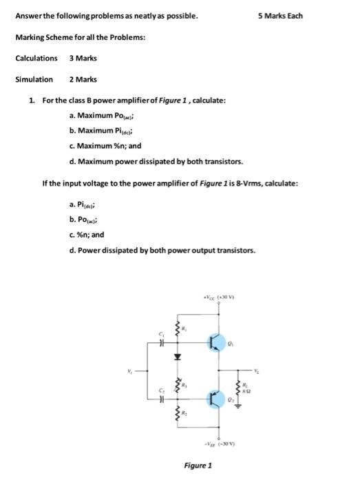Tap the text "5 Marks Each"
click(281, 16)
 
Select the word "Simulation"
click(34, 79)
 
